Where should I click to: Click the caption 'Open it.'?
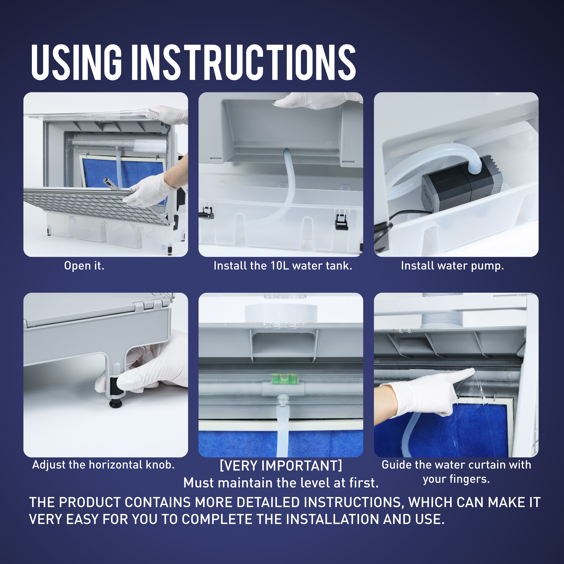coord(84,266)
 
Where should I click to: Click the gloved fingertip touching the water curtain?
coord(472,371)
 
